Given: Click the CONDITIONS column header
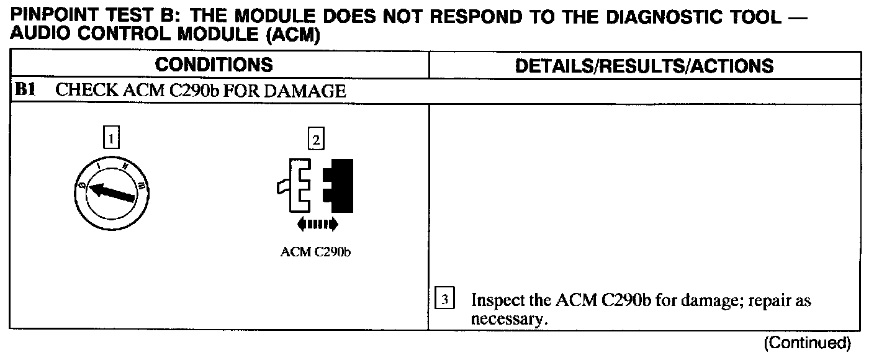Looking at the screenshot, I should (214, 65).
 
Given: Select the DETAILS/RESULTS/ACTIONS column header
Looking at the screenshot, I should (645, 66).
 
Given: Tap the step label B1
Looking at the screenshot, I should (25, 91).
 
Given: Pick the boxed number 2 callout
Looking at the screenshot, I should (316, 140).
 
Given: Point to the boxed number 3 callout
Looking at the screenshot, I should (444, 301).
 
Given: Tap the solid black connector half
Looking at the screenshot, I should (339, 184).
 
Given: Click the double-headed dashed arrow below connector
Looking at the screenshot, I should (317, 223).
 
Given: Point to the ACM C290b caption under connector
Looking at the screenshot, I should (316, 253).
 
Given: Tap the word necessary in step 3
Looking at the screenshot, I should (502, 319).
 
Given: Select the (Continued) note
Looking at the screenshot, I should (806, 342).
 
